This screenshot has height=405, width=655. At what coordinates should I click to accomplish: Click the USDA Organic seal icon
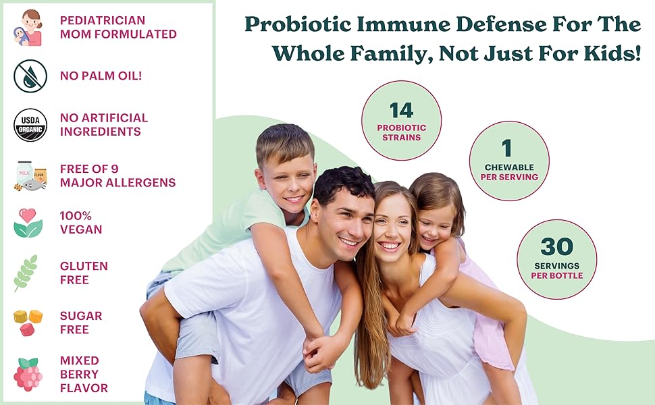(30, 125)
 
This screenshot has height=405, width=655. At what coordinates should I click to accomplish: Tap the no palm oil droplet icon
(30, 76)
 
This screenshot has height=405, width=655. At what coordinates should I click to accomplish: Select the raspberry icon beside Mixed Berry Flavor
(28, 375)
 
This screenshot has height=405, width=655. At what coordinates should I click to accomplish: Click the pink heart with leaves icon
(28, 223)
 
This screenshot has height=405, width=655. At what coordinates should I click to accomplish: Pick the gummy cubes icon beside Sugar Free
(28, 322)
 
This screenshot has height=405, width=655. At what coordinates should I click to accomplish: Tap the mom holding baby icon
(28, 28)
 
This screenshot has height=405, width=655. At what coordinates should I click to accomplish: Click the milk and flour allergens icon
(30, 175)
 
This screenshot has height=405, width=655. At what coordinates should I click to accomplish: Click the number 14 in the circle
(401, 110)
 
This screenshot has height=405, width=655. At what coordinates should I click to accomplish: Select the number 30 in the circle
(556, 247)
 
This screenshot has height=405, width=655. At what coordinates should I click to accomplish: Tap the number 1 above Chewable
(507, 148)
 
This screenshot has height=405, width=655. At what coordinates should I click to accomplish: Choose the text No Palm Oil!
(101, 76)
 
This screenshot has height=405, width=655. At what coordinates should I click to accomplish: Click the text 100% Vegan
(81, 223)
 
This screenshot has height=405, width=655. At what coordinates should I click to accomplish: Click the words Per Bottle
(556, 275)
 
